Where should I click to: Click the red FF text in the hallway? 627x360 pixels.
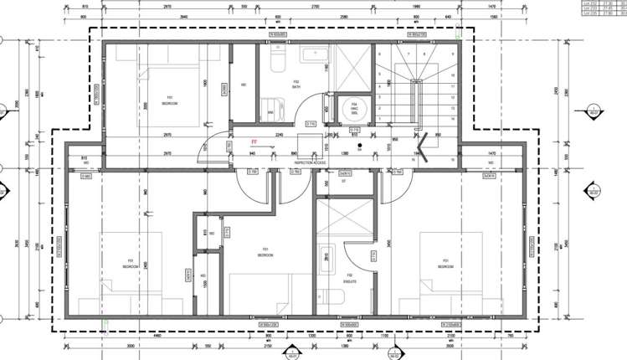[254, 143]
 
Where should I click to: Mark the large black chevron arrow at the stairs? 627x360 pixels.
[424, 147]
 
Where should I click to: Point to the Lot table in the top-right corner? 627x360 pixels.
[604, 8]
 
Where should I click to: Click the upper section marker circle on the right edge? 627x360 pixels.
[595, 114]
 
